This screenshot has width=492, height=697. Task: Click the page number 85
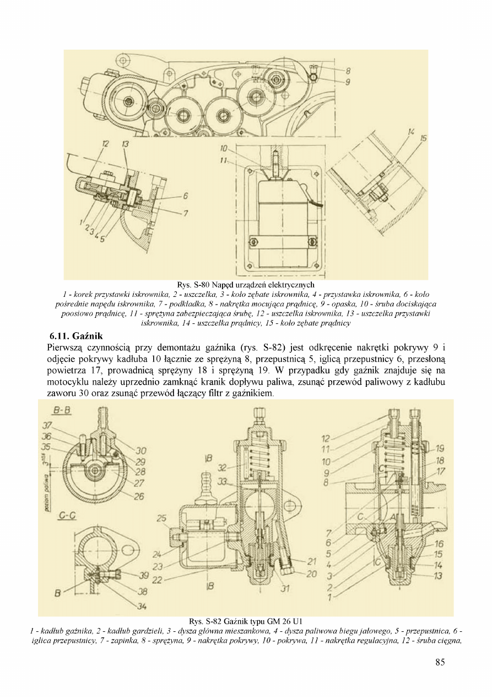(x=440, y=662)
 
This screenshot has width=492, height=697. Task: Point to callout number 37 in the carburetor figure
(x=47, y=425)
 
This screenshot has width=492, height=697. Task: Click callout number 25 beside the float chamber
(x=161, y=518)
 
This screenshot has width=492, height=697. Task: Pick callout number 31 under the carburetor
(x=285, y=588)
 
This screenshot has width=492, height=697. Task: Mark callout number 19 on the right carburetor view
(x=440, y=449)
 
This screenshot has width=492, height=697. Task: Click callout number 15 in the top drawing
(x=424, y=138)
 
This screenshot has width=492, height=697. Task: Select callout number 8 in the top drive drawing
(x=348, y=71)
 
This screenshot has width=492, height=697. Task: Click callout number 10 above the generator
(x=223, y=148)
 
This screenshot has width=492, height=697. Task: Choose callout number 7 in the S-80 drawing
(x=186, y=213)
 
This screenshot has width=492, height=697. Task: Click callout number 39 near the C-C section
(x=144, y=576)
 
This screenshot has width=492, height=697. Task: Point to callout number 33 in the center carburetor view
(x=223, y=481)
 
